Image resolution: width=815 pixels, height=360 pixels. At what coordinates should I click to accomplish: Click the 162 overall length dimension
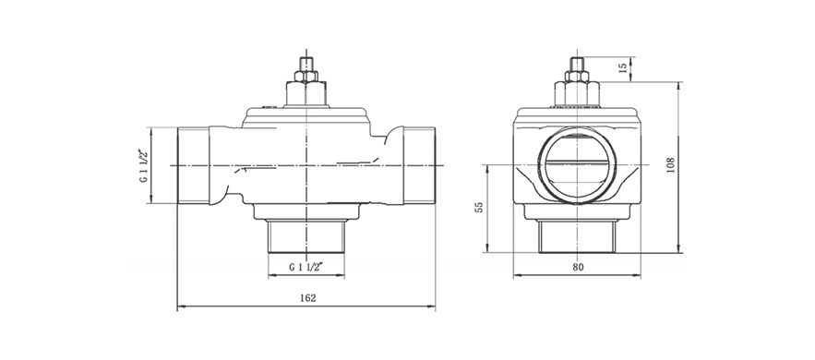(307, 298)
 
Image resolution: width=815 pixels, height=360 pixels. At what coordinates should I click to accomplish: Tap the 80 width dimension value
(578, 267)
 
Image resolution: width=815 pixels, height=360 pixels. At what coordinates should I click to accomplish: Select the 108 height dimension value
(670, 164)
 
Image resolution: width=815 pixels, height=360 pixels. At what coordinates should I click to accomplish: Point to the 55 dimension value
(479, 207)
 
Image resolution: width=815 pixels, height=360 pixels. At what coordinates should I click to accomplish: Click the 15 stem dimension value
(623, 68)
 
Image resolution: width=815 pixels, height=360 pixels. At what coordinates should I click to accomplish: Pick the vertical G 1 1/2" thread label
(143, 166)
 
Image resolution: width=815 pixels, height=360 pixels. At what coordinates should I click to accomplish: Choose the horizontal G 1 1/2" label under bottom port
(306, 268)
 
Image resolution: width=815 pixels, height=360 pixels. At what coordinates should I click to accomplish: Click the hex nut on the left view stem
(306, 77)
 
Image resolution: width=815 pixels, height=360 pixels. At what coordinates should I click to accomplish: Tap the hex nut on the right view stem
(577, 77)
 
